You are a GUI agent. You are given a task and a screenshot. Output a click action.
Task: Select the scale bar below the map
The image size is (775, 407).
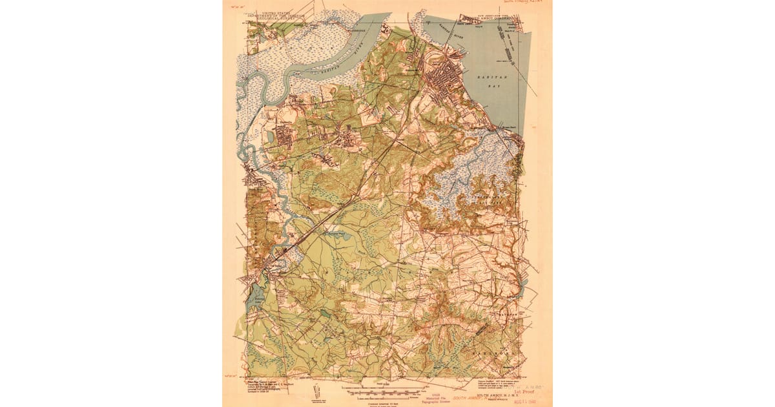click(x=387, y=390)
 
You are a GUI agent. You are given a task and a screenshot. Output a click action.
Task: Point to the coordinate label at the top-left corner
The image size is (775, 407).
click(x=236, y=6)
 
